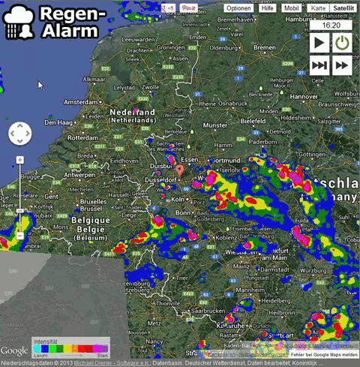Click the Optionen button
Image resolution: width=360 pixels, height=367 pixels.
tap(238, 8)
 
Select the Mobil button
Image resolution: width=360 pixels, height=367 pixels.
tap(291, 8)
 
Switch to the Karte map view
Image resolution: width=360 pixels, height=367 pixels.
tap(318, 8)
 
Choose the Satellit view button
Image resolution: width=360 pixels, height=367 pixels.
tap(343, 8)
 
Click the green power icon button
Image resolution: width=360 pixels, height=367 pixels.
tap(343, 43)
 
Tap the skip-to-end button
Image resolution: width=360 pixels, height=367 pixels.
tap(319, 65)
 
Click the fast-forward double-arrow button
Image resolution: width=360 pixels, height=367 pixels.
tap(343, 65)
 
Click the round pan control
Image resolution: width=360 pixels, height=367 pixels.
tap(19, 135)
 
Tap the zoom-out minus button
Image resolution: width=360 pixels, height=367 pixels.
tap(19, 236)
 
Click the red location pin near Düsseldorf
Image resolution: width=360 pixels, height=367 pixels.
tap(179, 172)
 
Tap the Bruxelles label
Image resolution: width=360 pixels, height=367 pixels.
tap(94, 202)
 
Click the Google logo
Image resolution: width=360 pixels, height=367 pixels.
tap(14, 350)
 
